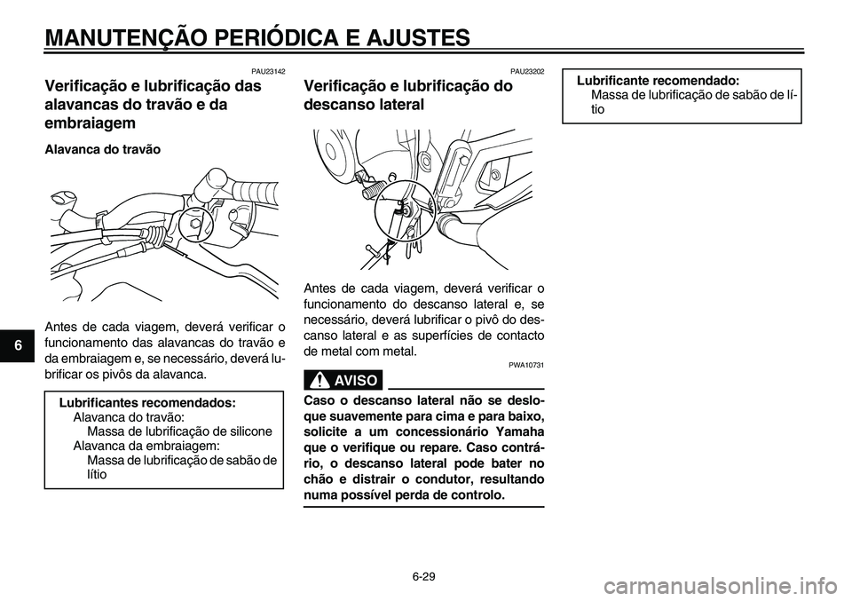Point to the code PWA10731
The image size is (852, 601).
point(526,366)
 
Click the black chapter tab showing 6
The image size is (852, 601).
point(8,343)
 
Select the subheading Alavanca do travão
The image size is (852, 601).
point(103,150)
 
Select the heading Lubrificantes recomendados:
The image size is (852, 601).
point(146,402)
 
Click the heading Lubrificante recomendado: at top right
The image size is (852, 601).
point(659,79)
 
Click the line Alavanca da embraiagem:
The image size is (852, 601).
point(146,446)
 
